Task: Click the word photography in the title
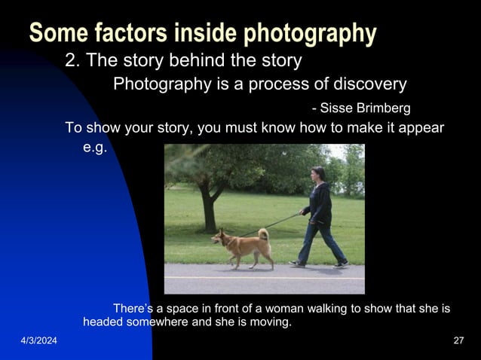point(302,33)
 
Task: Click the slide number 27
point(458,342)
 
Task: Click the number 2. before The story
point(73,60)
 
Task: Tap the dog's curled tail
point(264,234)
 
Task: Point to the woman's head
point(318,173)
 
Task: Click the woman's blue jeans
point(319,239)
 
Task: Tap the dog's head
point(218,237)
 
